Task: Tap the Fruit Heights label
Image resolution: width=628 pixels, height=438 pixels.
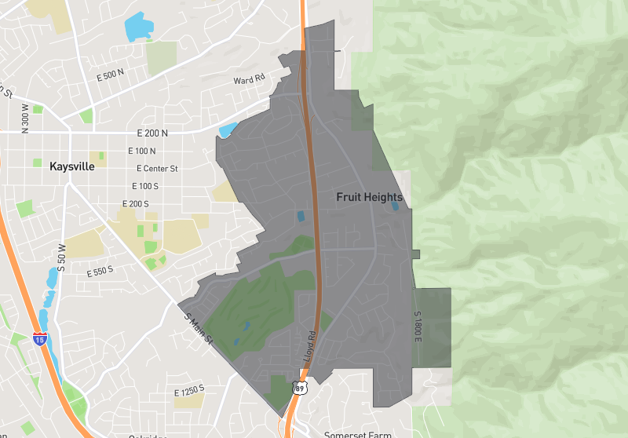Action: coord(369,197)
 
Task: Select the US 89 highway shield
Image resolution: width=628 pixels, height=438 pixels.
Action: coord(298,388)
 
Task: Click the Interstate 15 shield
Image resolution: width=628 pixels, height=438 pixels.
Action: coord(39,339)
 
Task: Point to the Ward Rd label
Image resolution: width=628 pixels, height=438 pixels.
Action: coord(249,80)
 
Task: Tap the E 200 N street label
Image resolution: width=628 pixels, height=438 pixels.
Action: coord(153,133)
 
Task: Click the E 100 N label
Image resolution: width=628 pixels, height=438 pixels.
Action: coord(141,151)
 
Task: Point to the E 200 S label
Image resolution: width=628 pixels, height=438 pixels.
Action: coord(136,204)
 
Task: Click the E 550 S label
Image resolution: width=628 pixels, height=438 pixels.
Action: coord(100,271)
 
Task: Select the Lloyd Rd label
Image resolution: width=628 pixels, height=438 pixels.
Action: coord(309,345)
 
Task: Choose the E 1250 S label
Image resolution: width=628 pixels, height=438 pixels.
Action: coord(189,389)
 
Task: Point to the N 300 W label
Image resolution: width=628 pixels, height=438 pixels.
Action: coord(26,119)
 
